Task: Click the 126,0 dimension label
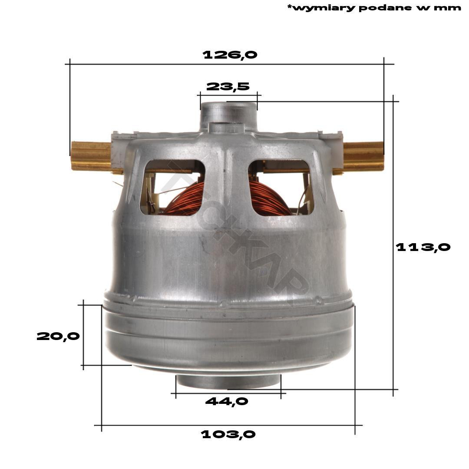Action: coord(230,55)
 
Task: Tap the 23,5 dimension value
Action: coord(228,86)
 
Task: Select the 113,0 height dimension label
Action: coord(423,247)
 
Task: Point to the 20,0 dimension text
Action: coord(58,336)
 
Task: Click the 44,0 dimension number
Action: coord(227,401)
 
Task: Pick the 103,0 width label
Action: coord(228,434)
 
